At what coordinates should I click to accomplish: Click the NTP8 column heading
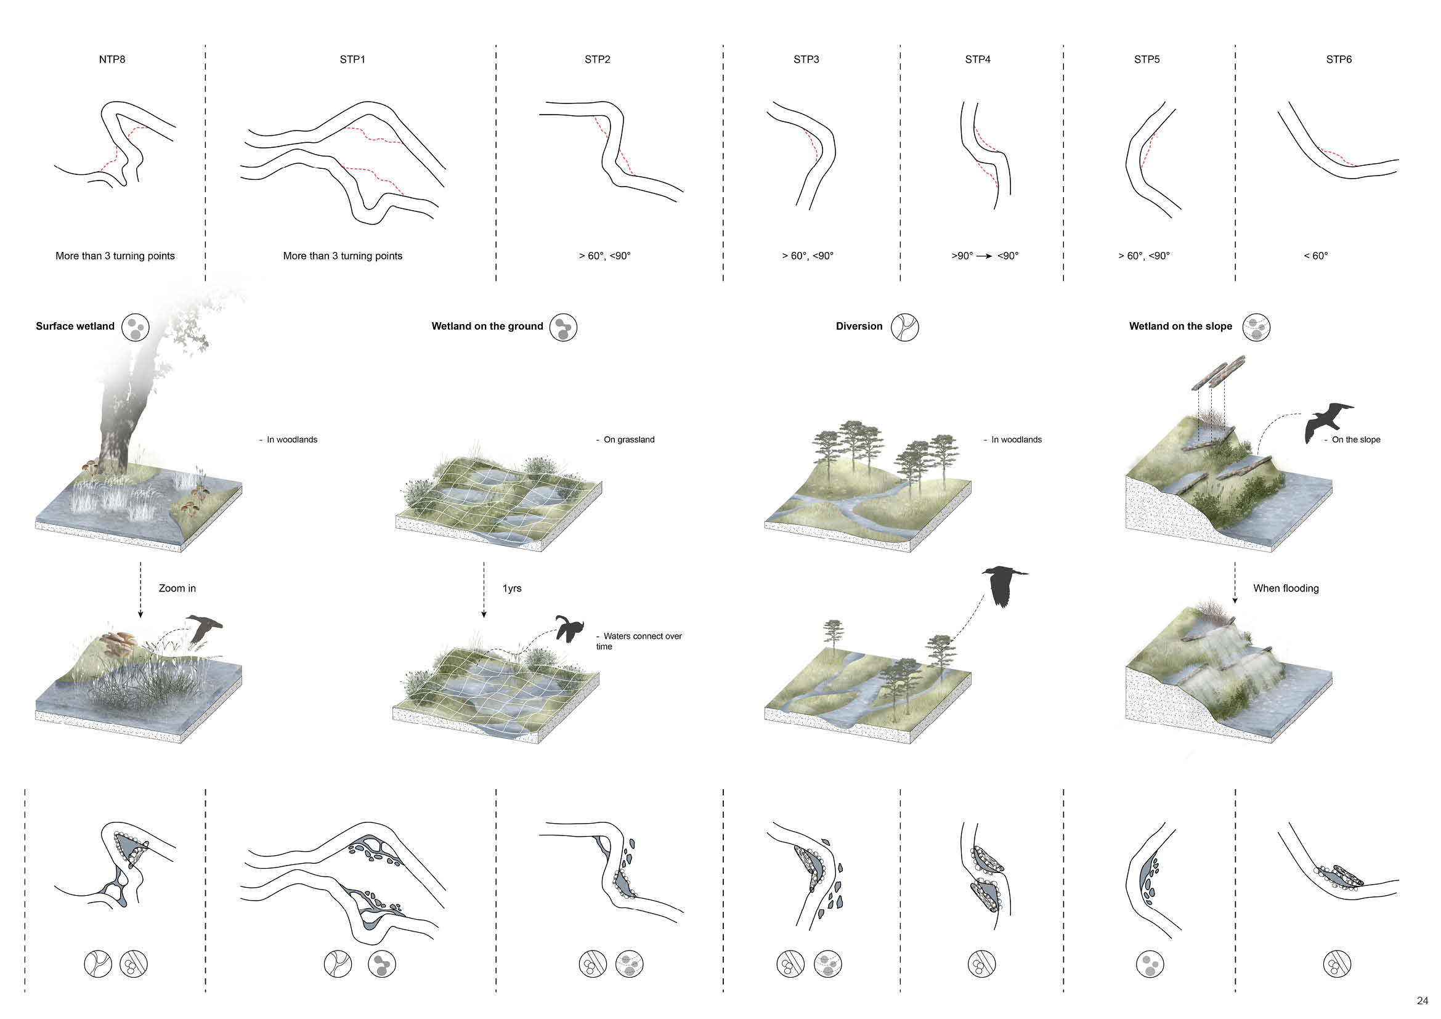112,60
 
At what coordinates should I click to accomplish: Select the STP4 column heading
977,60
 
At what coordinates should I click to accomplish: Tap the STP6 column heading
1338,60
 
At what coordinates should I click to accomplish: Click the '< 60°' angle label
1315,256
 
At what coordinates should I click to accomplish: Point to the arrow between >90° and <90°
984,257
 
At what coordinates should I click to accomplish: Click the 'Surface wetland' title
75,327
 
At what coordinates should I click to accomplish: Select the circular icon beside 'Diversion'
904,327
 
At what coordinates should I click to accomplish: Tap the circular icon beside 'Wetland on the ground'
563,328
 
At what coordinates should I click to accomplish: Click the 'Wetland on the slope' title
1180,327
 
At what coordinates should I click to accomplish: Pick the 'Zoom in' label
177,588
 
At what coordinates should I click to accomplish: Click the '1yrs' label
511,588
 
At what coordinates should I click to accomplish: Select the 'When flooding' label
1285,588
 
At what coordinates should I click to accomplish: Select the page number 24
1422,1001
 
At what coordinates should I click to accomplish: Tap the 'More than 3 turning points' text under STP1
342,256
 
